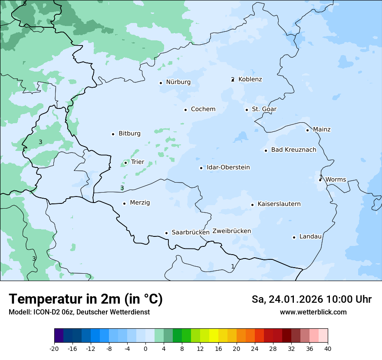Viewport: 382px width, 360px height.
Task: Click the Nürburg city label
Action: [x=178, y=82]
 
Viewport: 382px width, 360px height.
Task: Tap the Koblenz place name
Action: [x=250, y=79]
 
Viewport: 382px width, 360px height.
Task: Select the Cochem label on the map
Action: [x=203, y=109]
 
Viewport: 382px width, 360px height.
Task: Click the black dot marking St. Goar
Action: [x=247, y=110]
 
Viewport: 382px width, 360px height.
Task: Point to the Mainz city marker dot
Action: [x=307, y=130]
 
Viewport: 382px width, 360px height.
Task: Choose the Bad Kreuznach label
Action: [x=293, y=150]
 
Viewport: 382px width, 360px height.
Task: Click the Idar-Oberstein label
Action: [x=228, y=167]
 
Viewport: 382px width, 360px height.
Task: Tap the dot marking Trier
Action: [x=125, y=163]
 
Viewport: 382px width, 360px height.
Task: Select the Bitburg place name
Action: [x=129, y=134]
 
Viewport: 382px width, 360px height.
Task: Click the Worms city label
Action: [x=335, y=180]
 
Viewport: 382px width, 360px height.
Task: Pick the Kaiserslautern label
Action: [x=279, y=204]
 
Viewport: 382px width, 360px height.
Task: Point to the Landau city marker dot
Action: [x=294, y=237]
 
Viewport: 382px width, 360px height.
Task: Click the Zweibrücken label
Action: [x=231, y=231]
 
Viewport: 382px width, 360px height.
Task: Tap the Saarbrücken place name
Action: [x=191, y=232]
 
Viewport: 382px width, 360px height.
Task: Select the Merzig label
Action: [x=140, y=203]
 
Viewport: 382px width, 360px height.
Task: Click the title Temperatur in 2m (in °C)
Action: [x=86, y=299]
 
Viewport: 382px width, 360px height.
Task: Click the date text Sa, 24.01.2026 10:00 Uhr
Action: [x=311, y=299]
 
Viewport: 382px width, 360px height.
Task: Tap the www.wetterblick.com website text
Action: [x=313, y=312]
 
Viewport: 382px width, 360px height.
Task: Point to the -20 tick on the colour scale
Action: [x=54, y=349]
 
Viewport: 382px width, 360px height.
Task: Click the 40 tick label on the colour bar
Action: [x=328, y=349]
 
